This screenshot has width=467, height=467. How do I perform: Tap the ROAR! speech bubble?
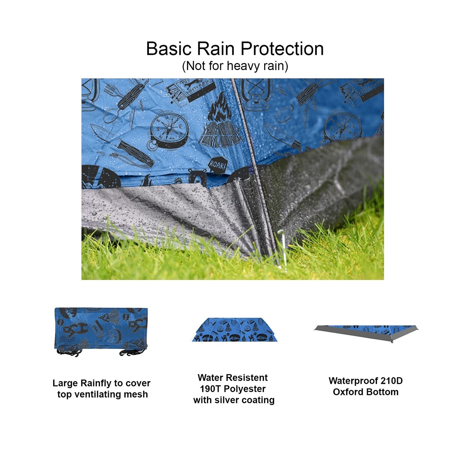click(217, 165)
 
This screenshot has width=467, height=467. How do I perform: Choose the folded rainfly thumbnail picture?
click(101, 332)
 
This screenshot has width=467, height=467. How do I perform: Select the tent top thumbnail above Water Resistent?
click(234, 330)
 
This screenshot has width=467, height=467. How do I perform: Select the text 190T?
click(210, 389)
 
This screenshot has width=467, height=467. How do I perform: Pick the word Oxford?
click(347, 392)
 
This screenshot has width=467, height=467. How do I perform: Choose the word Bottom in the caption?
click(381, 392)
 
